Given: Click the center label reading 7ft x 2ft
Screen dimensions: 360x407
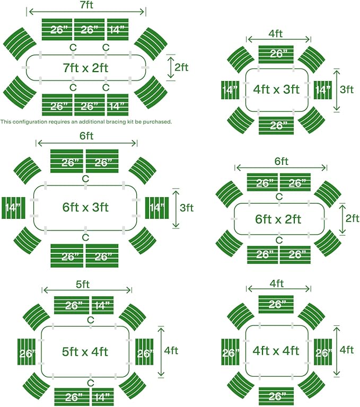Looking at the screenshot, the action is pyautogui.click(x=86, y=68).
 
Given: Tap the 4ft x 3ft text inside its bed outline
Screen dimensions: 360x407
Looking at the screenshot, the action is pyautogui.click(x=276, y=89).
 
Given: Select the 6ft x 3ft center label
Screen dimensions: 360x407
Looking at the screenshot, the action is pyautogui.click(x=85, y=207).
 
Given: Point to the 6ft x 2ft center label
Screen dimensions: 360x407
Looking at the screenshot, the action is pyautogui.click(x=278, y=219).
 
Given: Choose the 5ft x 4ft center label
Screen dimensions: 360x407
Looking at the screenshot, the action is pyautogui.click(x=85, y=352).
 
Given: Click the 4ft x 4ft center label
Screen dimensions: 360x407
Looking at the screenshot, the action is pyautogui.click(x=276, y=351).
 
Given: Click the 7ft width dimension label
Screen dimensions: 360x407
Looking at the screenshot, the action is pyautogui.click(x=86, y=5).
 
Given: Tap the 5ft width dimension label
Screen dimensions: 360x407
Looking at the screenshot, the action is pyautogui.click(x=83, y=285).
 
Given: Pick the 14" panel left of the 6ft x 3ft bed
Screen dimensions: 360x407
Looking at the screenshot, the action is pyautogui.click(x=13, y=208).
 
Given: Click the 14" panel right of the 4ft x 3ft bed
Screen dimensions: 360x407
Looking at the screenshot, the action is pyautogui.click(x=323, y=90).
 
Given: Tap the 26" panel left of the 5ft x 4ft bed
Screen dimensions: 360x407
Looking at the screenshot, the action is pyautogui.click(x=27, y=352).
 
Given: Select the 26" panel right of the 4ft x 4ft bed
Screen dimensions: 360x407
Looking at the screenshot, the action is pyautogui.click(x=323, y=352).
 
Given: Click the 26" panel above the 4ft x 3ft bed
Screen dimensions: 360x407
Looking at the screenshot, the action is pyautogui.click(x=276, y=55).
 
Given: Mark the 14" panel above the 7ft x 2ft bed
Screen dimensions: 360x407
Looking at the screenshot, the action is pyautogui.click(x=118, y=30).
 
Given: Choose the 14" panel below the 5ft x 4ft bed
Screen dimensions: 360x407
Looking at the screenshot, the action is pyautogui.click(x=103, y=397).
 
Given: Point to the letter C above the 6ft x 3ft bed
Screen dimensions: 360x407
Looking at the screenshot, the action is pyautogui.click(x=85, y=179).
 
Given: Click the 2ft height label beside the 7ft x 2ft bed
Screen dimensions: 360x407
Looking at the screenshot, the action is pyautogui.click(x=181, y=67).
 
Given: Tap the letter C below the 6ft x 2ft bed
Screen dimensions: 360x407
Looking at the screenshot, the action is pyautogui.click(x=279, y=241).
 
